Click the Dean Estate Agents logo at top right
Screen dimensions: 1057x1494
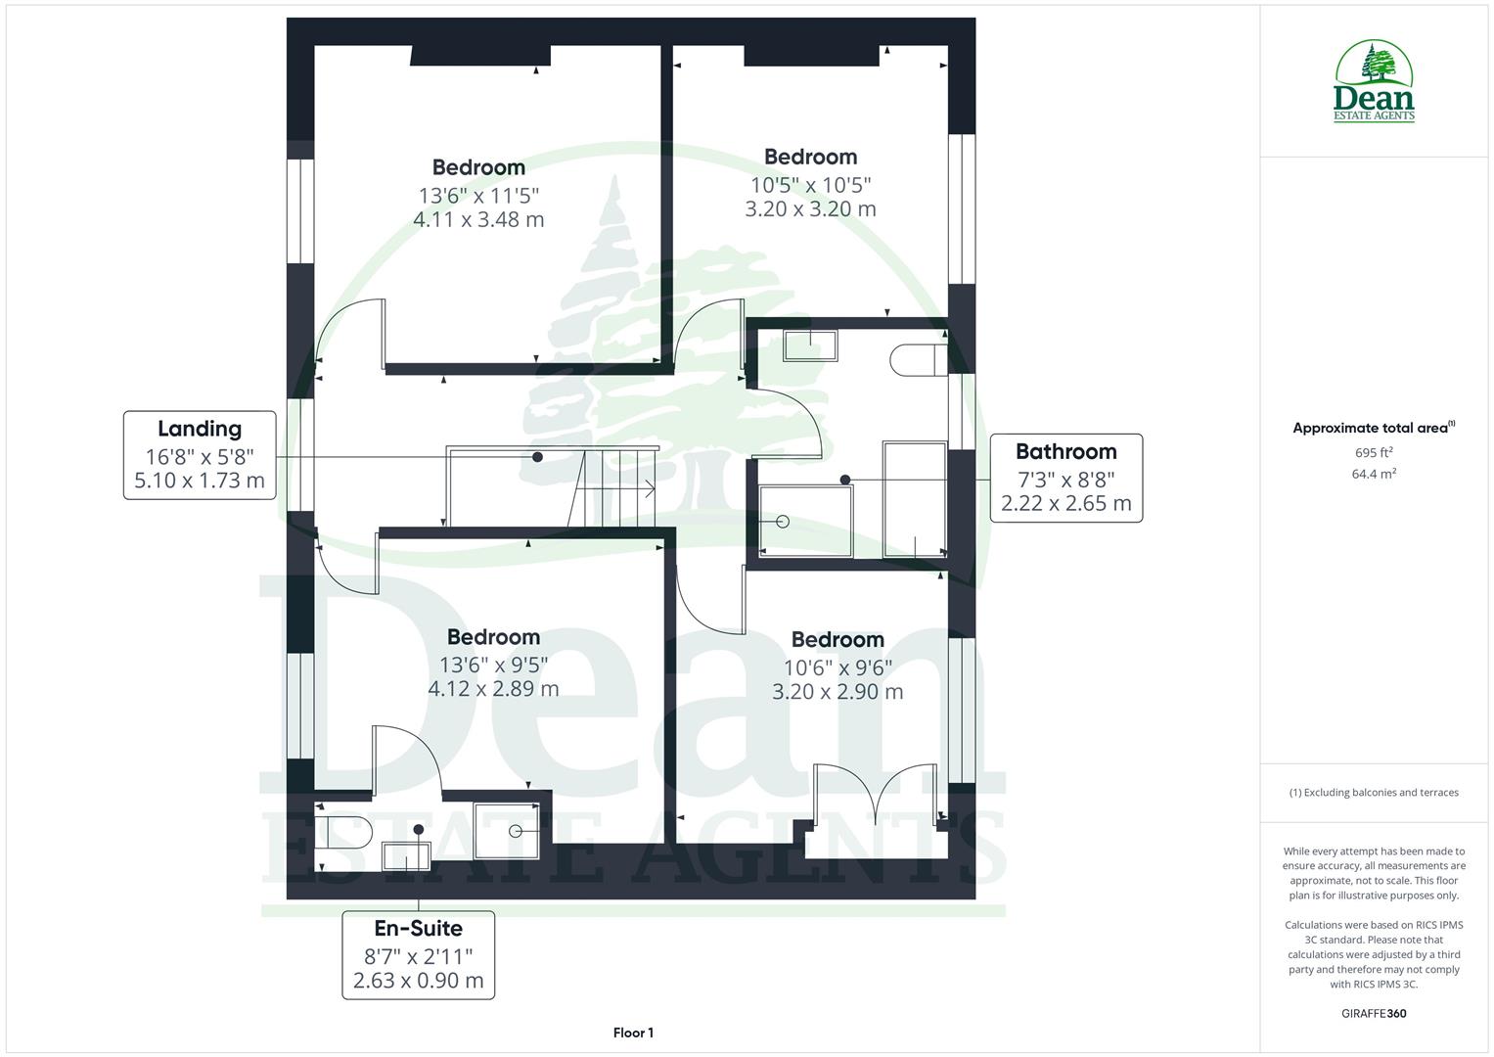click(x=1374, y=82)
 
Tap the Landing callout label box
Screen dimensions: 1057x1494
click(x=200, y=455)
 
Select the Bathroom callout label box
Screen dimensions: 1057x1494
click(x=1065, y=478)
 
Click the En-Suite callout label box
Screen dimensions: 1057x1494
click(x=418, y=954)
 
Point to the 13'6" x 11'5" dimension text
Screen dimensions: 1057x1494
click(x=478, y=195)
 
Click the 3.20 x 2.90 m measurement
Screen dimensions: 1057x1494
click(x=838, y=692)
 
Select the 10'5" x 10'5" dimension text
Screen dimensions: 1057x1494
click(x=810, y=184)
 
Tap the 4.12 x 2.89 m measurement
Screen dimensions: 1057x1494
click(x=493, y=689)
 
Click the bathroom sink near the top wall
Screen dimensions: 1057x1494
click(x=810, y=346)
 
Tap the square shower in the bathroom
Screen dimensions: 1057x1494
click(x=806, y=522)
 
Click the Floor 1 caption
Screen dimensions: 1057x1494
click(x=633, y=1033)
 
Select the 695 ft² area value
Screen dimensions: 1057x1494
click(x=1374, y=452)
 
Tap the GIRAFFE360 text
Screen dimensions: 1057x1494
click(x=1374, y=1013)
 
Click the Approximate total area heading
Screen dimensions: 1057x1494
click(x=1374, y=428)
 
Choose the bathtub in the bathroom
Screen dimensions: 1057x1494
click(x=915, y=499)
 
